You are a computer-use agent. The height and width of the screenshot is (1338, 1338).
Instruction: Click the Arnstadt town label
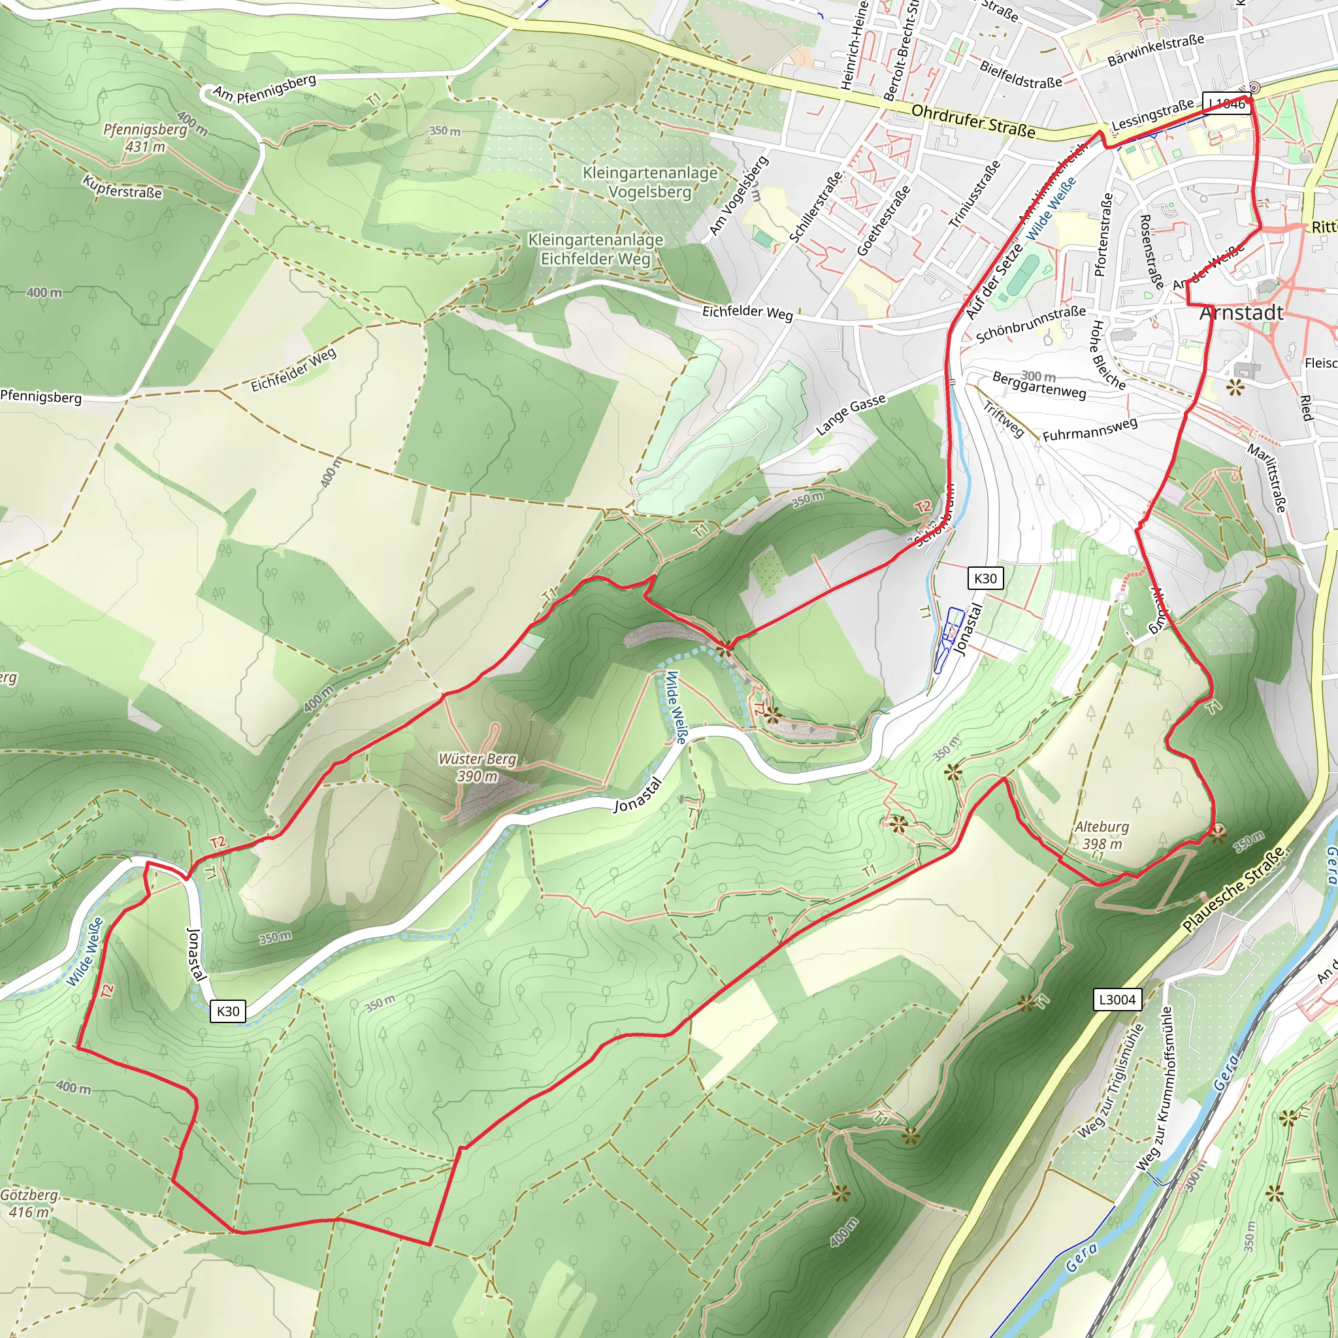coord(1241,313)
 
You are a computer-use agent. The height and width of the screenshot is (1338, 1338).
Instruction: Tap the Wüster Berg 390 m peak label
coord(477,768)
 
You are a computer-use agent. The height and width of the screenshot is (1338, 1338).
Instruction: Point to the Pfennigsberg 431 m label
coord(146,138)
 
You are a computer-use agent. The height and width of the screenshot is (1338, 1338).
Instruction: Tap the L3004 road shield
coord(1117,1000)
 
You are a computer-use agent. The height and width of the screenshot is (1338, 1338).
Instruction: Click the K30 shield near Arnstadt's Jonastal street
coord(985,579)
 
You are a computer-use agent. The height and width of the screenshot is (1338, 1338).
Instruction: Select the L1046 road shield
coord(1226,104)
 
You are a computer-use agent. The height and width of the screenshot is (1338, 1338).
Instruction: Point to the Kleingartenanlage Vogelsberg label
coord(649,182)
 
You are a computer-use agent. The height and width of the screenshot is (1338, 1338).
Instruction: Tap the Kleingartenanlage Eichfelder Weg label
coord(596,250)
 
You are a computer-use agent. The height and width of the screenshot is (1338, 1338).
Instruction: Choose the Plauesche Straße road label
coord(1233,889)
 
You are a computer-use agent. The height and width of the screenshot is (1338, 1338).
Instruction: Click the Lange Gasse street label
coord(851,415)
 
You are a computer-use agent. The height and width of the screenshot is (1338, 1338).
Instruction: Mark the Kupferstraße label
coord(122,186)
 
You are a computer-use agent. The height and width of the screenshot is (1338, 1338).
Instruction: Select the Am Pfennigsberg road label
coord(265,88)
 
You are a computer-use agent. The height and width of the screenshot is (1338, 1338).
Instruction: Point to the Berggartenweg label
coord(1039,385)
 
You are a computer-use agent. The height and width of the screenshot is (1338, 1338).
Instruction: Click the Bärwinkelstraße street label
coord(1156,50)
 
